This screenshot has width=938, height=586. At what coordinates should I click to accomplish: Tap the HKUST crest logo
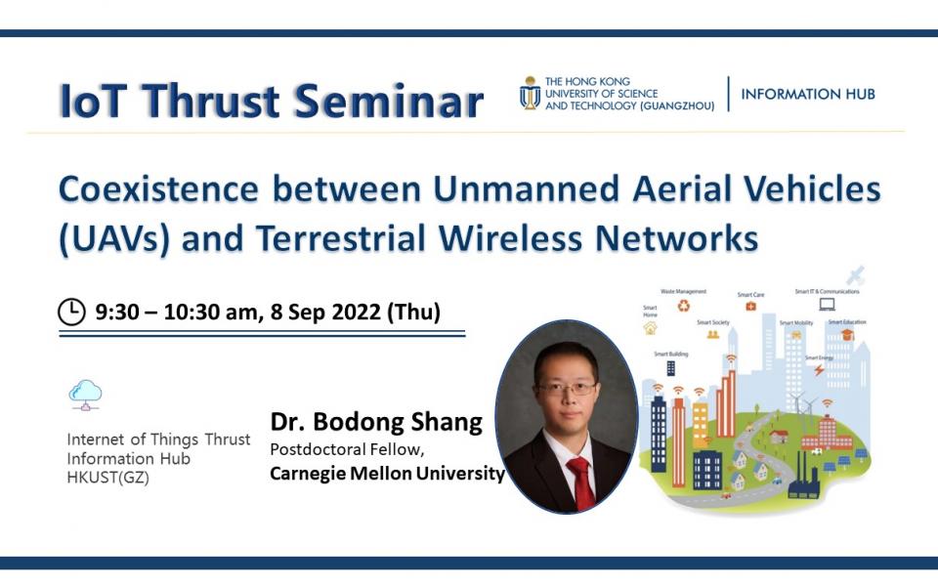pos(530,93)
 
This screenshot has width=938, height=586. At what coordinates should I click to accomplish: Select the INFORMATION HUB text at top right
pos(808,94)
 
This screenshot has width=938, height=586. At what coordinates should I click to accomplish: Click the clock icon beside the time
pos(72,313)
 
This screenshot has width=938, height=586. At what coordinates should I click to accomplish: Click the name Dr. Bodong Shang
pos(376,422)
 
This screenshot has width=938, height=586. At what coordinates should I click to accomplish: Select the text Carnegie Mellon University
pos(387,474)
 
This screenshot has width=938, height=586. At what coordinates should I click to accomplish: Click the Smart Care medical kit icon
pos(750,306)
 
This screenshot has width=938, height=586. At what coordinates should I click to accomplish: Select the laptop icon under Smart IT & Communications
pos(827,305)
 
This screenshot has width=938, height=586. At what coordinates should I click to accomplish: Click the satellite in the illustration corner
pos(856,275)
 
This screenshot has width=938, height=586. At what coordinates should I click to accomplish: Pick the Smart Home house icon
pos(650,328)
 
